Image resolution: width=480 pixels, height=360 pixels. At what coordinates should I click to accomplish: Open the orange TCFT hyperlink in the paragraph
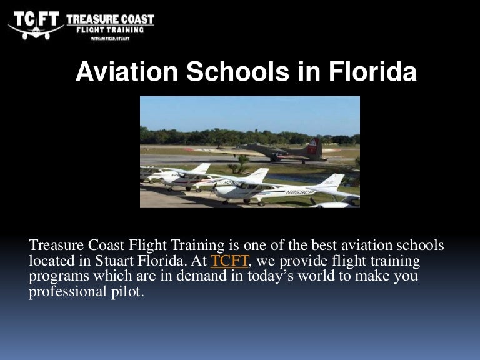[x=229, y=261]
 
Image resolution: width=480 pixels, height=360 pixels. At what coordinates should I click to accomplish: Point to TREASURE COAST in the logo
[x=109, y=19]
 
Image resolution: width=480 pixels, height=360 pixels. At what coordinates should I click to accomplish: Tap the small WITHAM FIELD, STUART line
[x=109, y=38]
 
